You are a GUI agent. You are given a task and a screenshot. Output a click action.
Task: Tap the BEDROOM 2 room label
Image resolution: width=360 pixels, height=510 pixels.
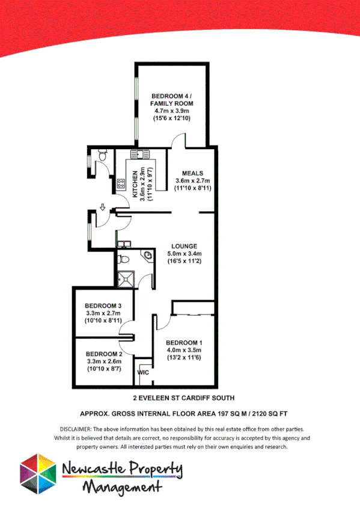pyautogui.click(x=104, y=354)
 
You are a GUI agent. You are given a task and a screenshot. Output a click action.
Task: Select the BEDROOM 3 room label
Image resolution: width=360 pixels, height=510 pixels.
pyautogui.click(x=103, y=305)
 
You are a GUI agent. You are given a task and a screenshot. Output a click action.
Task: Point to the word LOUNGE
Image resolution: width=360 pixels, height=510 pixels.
pyautogui.click(x=183, y=246)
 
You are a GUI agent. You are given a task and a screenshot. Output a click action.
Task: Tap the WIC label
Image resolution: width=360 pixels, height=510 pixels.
pyautogui.click(x=143, y=372)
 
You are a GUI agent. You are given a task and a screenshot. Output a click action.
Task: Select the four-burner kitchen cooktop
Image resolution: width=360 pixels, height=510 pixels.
pyautogui.click(x=121, y=182)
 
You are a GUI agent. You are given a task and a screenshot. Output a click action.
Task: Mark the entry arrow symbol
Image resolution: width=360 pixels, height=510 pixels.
pyautogui.click(x=103, y=207)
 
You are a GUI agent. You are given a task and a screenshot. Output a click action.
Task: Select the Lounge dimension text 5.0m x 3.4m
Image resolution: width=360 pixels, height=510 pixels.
pyautogui.click(x=183, y=254)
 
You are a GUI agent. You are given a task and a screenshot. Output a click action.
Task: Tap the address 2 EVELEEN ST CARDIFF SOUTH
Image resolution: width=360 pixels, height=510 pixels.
pyautogui.click(x=183, y=398)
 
